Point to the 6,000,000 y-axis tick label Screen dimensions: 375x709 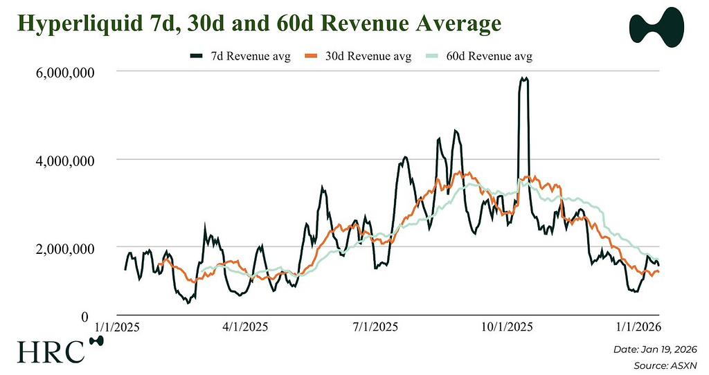pos(59,71)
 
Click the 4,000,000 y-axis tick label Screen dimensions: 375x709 pos(59,160)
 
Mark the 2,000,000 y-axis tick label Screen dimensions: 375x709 pos(59,248)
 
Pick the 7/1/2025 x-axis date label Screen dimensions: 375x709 pos(375,326)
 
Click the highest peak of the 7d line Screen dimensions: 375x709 pos(524,79)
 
